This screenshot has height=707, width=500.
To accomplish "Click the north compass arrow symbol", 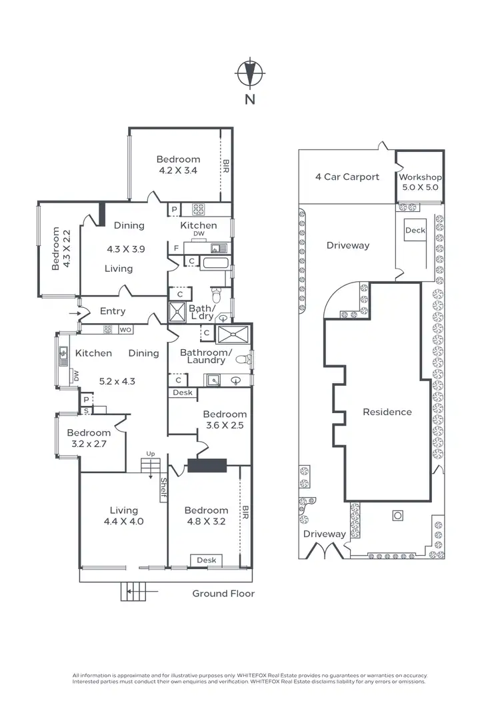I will (x=250, y=73).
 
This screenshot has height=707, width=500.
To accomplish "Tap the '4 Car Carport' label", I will (x=347, y=177).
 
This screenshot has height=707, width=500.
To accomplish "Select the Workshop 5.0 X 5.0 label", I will (x=420, y=183).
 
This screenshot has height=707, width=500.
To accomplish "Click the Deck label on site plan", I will (x=415, y=231).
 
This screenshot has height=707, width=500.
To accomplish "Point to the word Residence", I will (x=387, y=412).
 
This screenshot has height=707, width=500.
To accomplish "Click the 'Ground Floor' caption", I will (x=223, y=593).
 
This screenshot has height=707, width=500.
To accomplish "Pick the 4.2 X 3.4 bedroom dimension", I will (x=178, y=171).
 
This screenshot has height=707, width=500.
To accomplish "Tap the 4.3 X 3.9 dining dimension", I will (x=126, y=249).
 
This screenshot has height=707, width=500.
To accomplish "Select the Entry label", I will (x=113, y=311).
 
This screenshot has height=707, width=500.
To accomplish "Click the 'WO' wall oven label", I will (x=125, y=329).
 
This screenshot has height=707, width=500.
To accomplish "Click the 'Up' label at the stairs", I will (x=151, y=454).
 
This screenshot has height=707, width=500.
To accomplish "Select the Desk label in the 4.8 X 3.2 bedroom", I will (x=206, y=560).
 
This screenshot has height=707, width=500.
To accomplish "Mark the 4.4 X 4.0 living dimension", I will (x=124, y=522).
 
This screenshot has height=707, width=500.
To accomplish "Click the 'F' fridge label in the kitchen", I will (x=175, y=249).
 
